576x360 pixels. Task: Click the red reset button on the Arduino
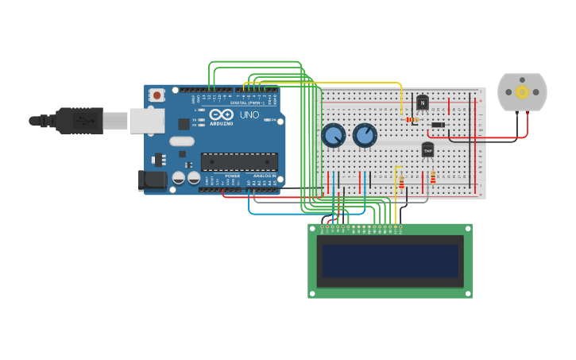157,95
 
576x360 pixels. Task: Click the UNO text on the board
249,115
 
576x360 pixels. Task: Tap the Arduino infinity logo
216,114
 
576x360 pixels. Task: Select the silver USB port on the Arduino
147,121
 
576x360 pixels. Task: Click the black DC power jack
153,180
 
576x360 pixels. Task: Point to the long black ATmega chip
239,161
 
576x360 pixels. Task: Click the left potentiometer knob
333,135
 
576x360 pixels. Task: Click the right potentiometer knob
365,135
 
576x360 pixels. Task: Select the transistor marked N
422,103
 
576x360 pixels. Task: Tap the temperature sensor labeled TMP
427,149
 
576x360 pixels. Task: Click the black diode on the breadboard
438,124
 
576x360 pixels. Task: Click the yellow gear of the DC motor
522,92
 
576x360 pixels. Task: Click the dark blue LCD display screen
389,260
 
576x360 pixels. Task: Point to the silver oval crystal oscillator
181,141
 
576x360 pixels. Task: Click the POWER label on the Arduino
232,176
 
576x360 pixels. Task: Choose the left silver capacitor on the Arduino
179,178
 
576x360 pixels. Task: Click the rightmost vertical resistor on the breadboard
432,176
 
